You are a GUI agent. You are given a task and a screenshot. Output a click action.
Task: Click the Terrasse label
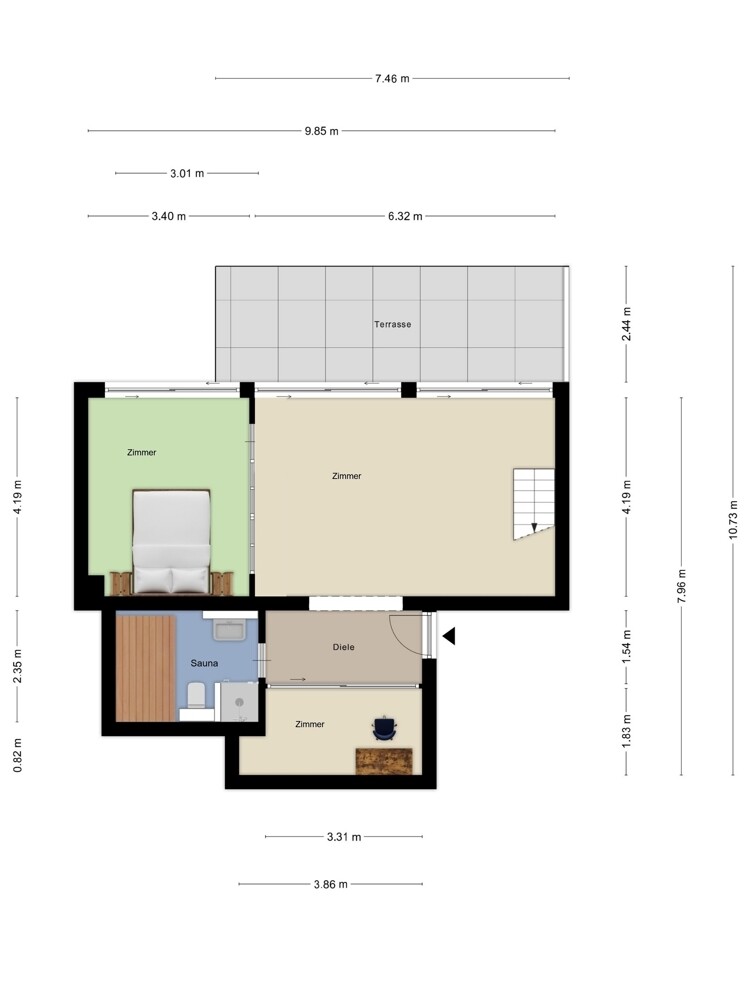[x=392, y=324]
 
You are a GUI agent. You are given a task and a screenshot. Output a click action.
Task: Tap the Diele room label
[x=343, y=647]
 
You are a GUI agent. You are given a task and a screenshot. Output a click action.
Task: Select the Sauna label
[x=204, y=663]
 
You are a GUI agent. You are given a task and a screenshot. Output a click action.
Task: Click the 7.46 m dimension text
[x=392, y=78]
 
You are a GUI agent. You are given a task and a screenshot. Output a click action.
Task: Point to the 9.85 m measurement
[x=321, y=131]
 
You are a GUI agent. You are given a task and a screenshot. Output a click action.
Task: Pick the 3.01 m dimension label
[x=187, y=173]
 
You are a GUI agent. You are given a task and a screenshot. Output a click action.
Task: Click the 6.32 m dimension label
[x=405, y=216]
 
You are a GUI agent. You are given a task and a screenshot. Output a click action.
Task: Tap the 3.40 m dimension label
[x=168, y=216]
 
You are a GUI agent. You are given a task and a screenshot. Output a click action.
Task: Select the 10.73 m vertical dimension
[x=733, y=520]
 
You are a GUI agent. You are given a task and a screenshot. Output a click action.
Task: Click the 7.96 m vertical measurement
[x=681, y=585]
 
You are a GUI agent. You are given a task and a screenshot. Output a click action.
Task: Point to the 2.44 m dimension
[x=626, y=323]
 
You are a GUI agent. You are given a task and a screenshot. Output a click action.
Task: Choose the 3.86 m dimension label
[x=330, y=884]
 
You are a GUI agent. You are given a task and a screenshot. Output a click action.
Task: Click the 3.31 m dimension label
[x=344, y=837]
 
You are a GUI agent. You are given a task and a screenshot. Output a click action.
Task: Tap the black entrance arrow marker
[x=449, y=636]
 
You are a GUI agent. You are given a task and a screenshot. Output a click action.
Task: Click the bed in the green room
[x=172, y=541]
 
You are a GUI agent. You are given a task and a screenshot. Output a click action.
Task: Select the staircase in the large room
[x=534, y=504]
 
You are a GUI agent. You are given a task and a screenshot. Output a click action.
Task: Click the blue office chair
[x=385, y=728]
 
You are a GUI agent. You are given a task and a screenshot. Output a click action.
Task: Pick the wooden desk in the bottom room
[x=384, y=761]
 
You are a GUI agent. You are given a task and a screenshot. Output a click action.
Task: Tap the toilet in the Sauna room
[x=196, y=696]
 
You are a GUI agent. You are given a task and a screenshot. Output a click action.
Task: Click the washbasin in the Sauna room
[x=230, y=629]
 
